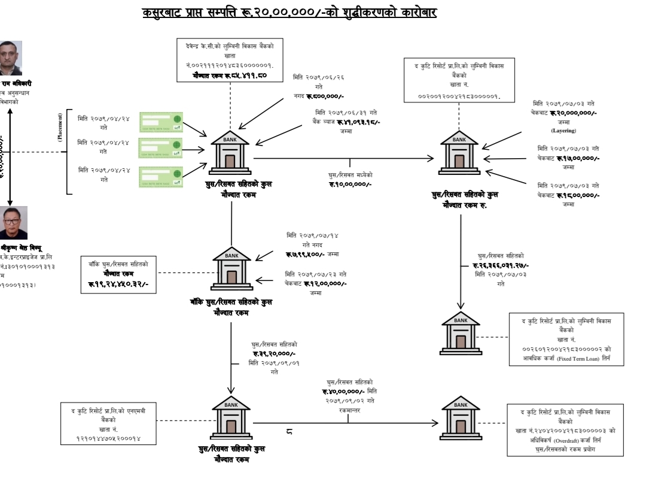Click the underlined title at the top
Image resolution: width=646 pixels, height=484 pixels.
pos(289,12)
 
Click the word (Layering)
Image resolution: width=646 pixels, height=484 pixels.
pos(563,130)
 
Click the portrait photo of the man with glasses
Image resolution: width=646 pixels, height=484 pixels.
pos(13,223)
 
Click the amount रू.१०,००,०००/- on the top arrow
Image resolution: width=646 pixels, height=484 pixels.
pos(350,184)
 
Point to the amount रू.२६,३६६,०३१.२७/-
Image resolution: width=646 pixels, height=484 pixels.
pos(501,265)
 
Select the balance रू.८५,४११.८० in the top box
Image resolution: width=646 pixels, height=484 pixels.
pos(230,76)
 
